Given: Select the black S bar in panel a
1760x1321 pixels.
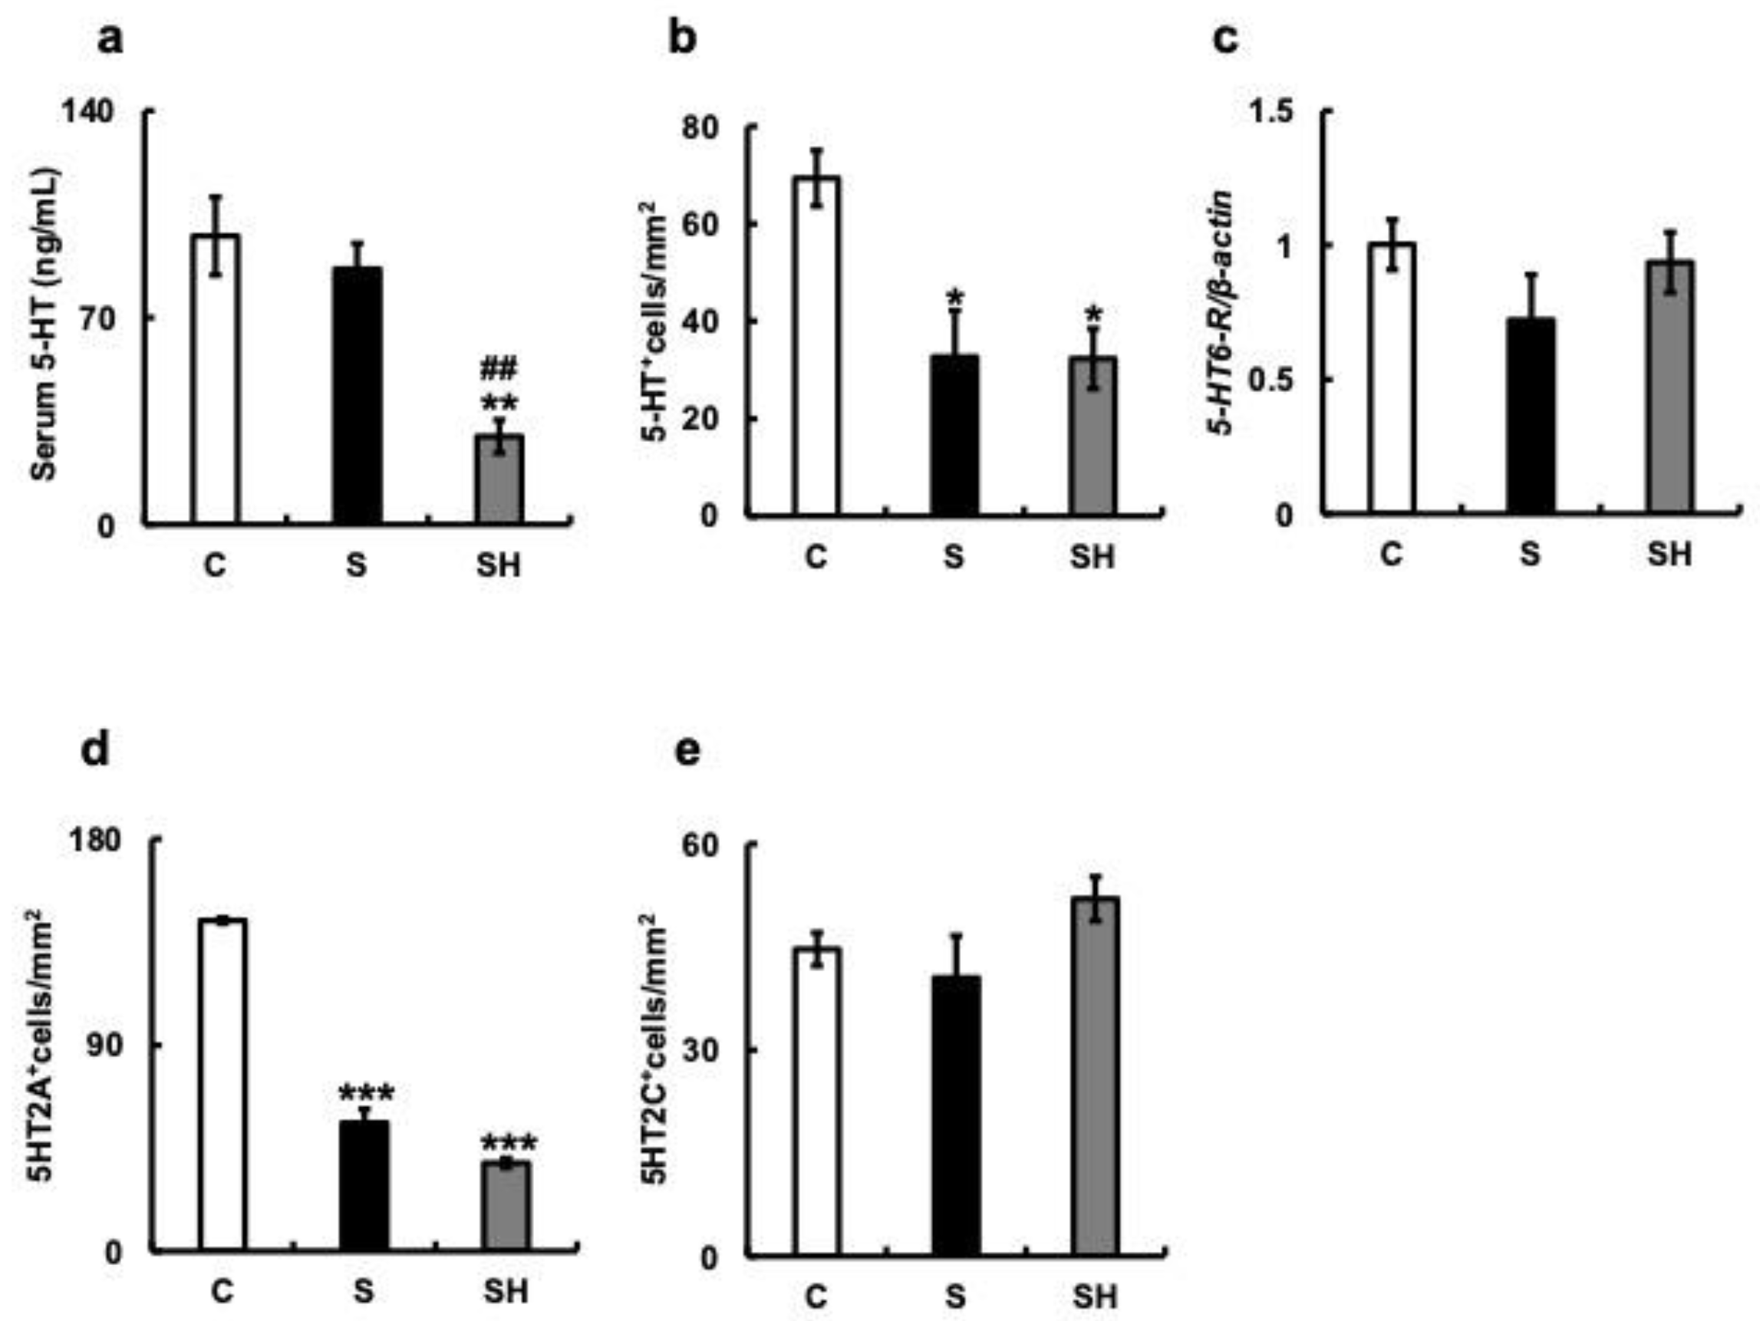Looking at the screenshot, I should [358, 395].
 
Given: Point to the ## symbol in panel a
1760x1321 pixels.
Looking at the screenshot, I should [499, 368].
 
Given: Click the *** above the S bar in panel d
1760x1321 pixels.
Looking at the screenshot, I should [365, 1093].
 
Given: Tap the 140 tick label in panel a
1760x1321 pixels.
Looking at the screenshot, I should [88, 111].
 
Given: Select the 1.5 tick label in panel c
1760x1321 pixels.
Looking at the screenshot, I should [1271, 111].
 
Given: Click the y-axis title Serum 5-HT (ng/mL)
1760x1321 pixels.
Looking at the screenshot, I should [44, 324].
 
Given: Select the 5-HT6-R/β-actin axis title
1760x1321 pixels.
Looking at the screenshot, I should [1221, 314].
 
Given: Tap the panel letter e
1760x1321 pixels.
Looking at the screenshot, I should [687, 750].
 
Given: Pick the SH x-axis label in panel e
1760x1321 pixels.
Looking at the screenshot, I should [1094, 1297].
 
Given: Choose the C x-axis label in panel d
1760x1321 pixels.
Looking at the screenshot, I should [222, 1291].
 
